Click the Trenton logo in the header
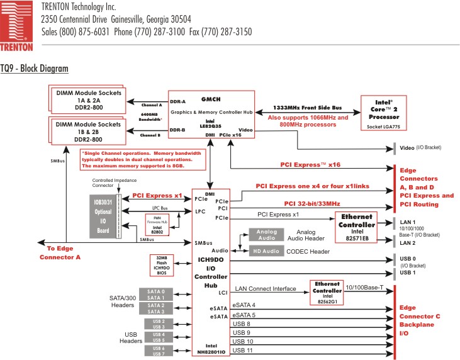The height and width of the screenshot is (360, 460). [x=17, y=26]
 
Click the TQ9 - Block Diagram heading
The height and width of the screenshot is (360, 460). [x=34, y=67]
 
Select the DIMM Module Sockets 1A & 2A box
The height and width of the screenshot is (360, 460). [x=89, y=99]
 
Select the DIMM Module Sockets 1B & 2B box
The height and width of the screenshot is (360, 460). [x=89, y=131]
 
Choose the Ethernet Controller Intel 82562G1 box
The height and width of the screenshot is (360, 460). [x=327, y=292]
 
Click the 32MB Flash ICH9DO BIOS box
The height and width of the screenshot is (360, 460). [x=162, y=266]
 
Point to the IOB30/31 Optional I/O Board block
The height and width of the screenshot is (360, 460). [x=103, y=214]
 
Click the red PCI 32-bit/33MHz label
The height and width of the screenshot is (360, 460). [x=311, y=203]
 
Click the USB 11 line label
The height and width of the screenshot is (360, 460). [x=242, y=350]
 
